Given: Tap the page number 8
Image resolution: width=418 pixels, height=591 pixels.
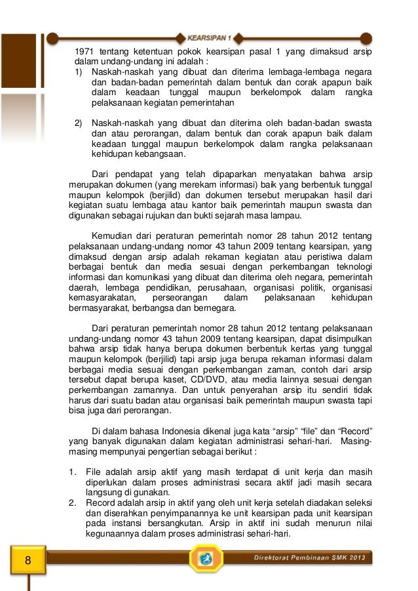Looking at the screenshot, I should [28, 560].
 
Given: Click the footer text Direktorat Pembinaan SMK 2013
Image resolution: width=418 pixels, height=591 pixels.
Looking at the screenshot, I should [311, 558].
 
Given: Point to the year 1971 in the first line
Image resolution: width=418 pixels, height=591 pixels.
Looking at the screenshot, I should [85, 51].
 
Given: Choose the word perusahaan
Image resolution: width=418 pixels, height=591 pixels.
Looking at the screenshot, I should [223, 287].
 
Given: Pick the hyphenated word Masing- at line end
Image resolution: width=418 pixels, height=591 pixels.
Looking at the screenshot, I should [356, 441].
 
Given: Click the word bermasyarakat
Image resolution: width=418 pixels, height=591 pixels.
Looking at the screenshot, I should [98, 308].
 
